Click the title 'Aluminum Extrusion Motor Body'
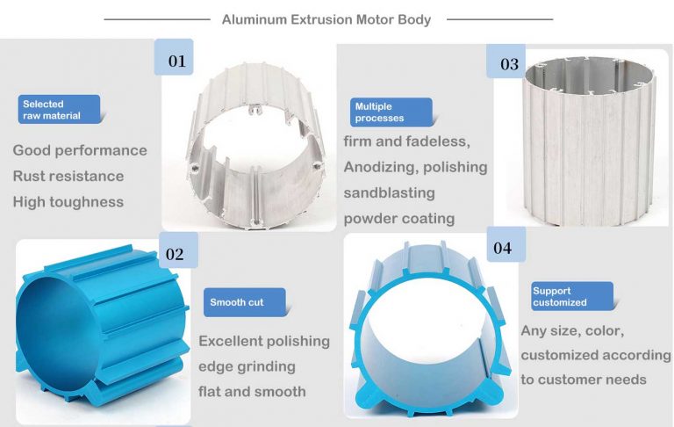(x=326, y=19)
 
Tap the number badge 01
(x=176, y=61)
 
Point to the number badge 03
(x=509, y=64)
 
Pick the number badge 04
(x=502, y=248)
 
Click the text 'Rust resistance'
(x=68, y=176)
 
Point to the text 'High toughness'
(x=68, y=201)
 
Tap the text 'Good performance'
(x=80, y=150)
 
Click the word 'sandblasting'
(x=389, y=192)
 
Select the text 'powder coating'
(x=399, y=218)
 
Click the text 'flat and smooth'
(x=252, y=391)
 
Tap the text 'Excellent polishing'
(x=264, y=341)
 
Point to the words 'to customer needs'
(x=584, y=380)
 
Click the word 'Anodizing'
(x=376, y=167)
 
